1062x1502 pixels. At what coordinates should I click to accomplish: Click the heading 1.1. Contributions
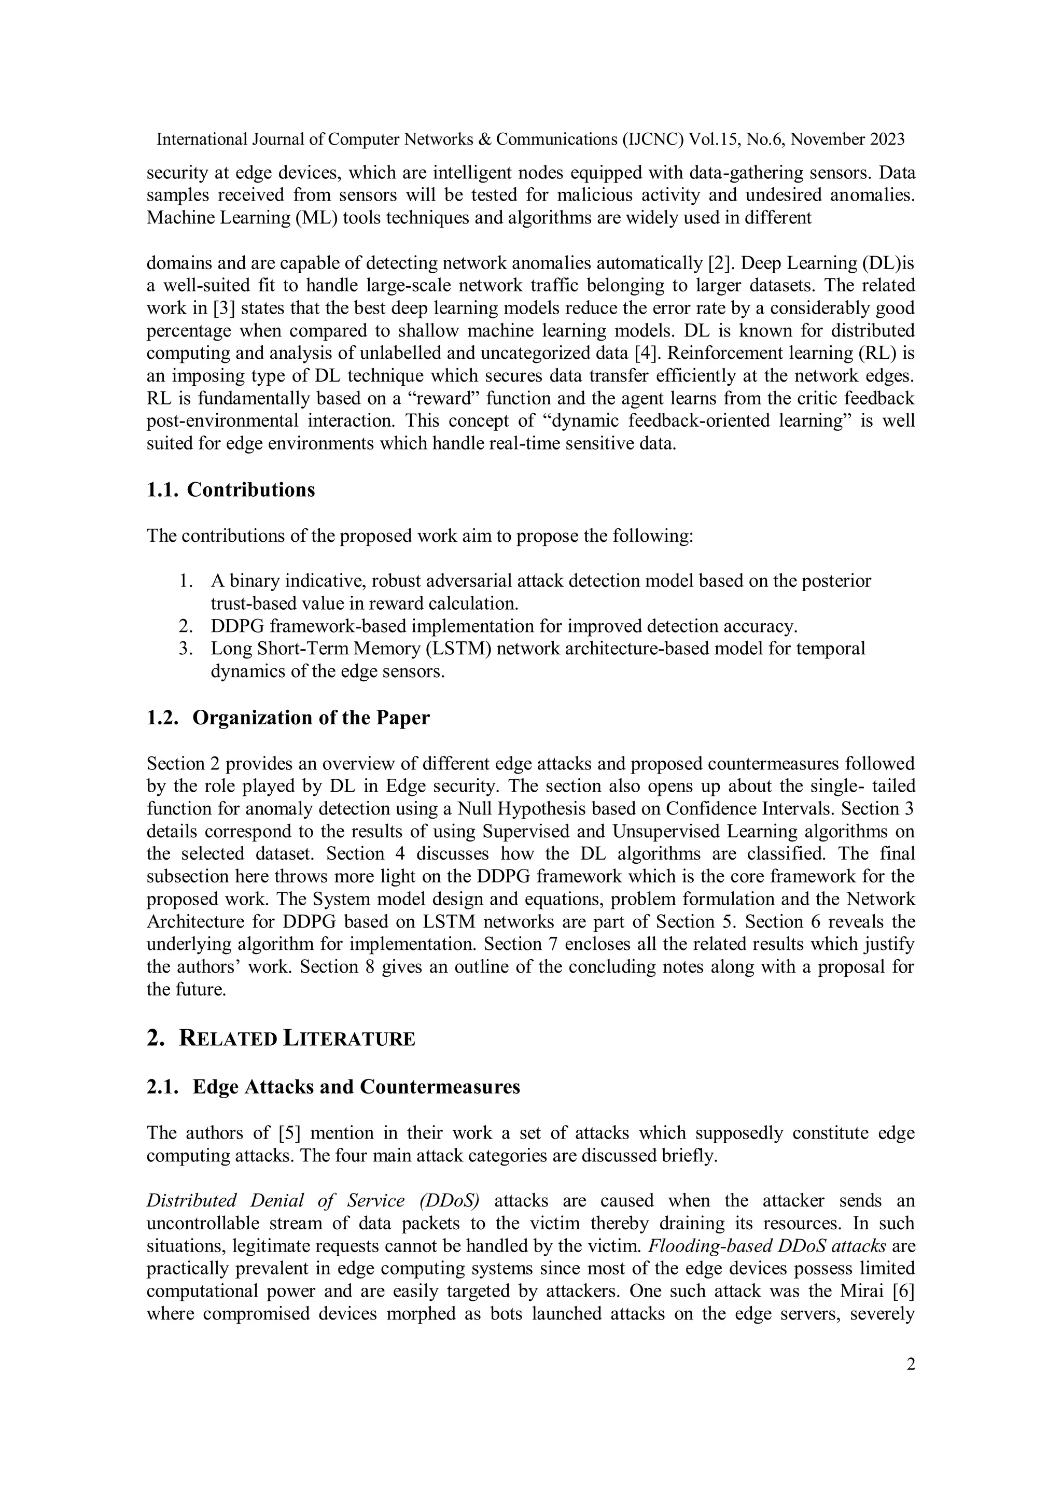click(230, 490)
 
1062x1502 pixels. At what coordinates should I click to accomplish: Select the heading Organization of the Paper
click(311, 718)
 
